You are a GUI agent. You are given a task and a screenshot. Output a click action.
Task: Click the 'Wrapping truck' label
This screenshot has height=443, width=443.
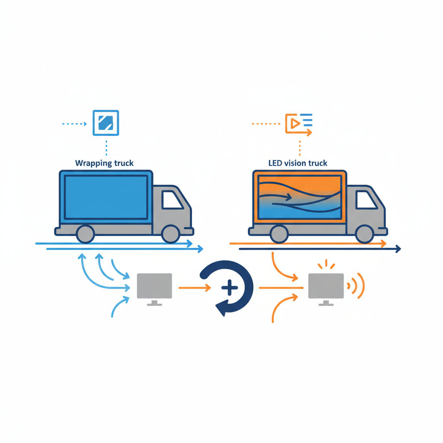(x=104, y=163)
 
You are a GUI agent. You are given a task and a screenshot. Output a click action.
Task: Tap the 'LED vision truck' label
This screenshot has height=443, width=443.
(x=298, y=163)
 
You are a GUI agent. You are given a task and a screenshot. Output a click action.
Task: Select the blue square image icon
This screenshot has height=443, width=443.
(x=106, y=123)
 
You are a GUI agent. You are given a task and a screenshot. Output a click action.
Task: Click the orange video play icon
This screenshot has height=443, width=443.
(x=299, y=125)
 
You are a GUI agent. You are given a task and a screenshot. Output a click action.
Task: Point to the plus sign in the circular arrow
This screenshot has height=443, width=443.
(x=229, y=288)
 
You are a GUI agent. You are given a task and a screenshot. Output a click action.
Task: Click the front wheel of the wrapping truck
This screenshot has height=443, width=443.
(x=170, y=234)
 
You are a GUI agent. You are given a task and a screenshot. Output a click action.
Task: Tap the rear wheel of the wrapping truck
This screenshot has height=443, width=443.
(x=85, y=234)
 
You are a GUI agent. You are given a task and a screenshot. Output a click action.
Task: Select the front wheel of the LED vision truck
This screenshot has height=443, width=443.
(x=364, y=234)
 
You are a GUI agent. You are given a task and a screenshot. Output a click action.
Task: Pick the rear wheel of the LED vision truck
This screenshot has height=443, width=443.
(x=279, y=234)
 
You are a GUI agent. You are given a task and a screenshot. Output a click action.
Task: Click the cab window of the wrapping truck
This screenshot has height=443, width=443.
(x=171, y=200)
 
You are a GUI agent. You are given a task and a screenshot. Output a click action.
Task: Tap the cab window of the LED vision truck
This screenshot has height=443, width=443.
(x=365, y=200)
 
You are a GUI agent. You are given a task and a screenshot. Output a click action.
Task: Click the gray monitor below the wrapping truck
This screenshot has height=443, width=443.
(x=154, y=289)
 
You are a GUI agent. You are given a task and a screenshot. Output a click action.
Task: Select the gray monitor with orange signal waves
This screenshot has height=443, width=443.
(x=326, y=289)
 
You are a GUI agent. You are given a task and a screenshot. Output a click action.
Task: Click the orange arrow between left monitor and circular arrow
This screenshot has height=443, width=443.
(x=195, y=288)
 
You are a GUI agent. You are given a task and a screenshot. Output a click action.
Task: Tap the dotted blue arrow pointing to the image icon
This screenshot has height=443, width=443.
(x=74, y=124)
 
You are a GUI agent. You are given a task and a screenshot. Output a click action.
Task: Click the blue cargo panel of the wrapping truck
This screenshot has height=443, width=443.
(x=106, y=197)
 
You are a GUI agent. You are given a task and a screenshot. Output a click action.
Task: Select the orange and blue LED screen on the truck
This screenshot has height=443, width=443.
(x=299, y=197)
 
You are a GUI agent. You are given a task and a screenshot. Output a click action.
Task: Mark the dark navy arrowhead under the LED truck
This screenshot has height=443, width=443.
(x=398, y=249)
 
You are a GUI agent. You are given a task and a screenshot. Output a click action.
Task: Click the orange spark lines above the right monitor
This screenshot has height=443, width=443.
(x=326, y=264)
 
